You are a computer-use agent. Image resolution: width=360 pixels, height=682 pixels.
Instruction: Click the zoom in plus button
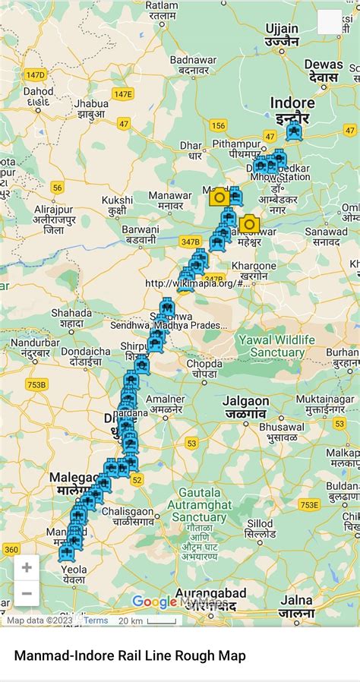click(27, 567)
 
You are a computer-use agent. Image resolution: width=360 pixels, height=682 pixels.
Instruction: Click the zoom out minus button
click(27, 593)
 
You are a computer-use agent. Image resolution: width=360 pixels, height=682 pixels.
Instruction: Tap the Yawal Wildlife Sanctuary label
click(271, 346)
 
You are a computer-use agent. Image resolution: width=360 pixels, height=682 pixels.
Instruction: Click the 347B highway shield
click(190, 241)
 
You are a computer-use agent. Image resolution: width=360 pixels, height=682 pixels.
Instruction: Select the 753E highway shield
click(309, 504)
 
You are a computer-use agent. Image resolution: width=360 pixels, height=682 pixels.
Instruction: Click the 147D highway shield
click(35, 74)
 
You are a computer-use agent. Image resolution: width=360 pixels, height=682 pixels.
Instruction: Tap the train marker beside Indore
click(293, 132)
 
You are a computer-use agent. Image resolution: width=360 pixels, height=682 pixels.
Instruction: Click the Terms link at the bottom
click(96, 620)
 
